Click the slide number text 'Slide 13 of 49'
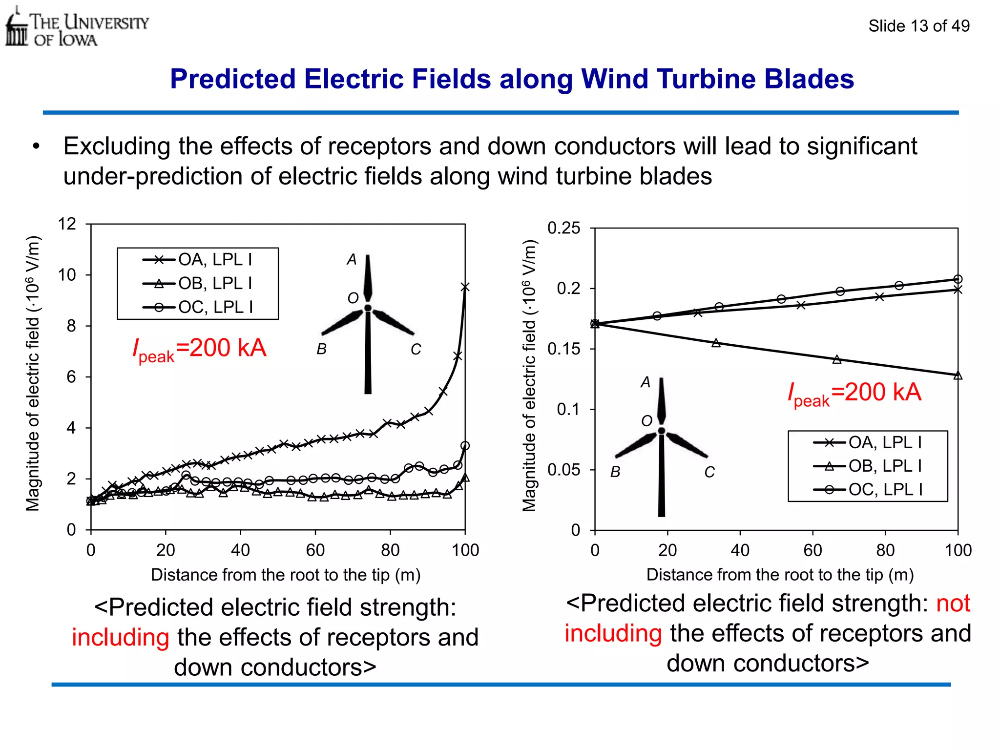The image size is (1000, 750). click(x=918, y=26)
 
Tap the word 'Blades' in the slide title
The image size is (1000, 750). click(x=809, y=79)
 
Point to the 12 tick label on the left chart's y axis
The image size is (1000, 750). click(x=67, y=224)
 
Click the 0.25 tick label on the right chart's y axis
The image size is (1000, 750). click(x=564, y=228)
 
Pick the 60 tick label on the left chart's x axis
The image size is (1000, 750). click(x=315, y=550)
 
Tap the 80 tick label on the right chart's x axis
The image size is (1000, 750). click(x=885, y=550)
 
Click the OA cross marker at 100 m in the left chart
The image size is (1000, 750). click(x=465, y=287)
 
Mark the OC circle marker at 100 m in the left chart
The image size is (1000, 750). click(x=465, y=446)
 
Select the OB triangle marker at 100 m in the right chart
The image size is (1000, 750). click(x=958, y=375)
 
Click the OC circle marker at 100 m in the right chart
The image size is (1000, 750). click(x=958, y=279)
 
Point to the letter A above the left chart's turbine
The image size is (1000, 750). click(x=352, y=260)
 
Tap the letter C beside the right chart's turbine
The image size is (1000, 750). click(x=709, y=472)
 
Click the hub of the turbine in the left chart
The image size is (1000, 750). click(x=368, y=308)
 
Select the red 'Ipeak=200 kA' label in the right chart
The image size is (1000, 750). click(x=854, y=394)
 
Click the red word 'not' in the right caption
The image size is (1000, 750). click(x=953, y=604)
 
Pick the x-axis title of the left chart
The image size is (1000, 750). click(x=286, y=575)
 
